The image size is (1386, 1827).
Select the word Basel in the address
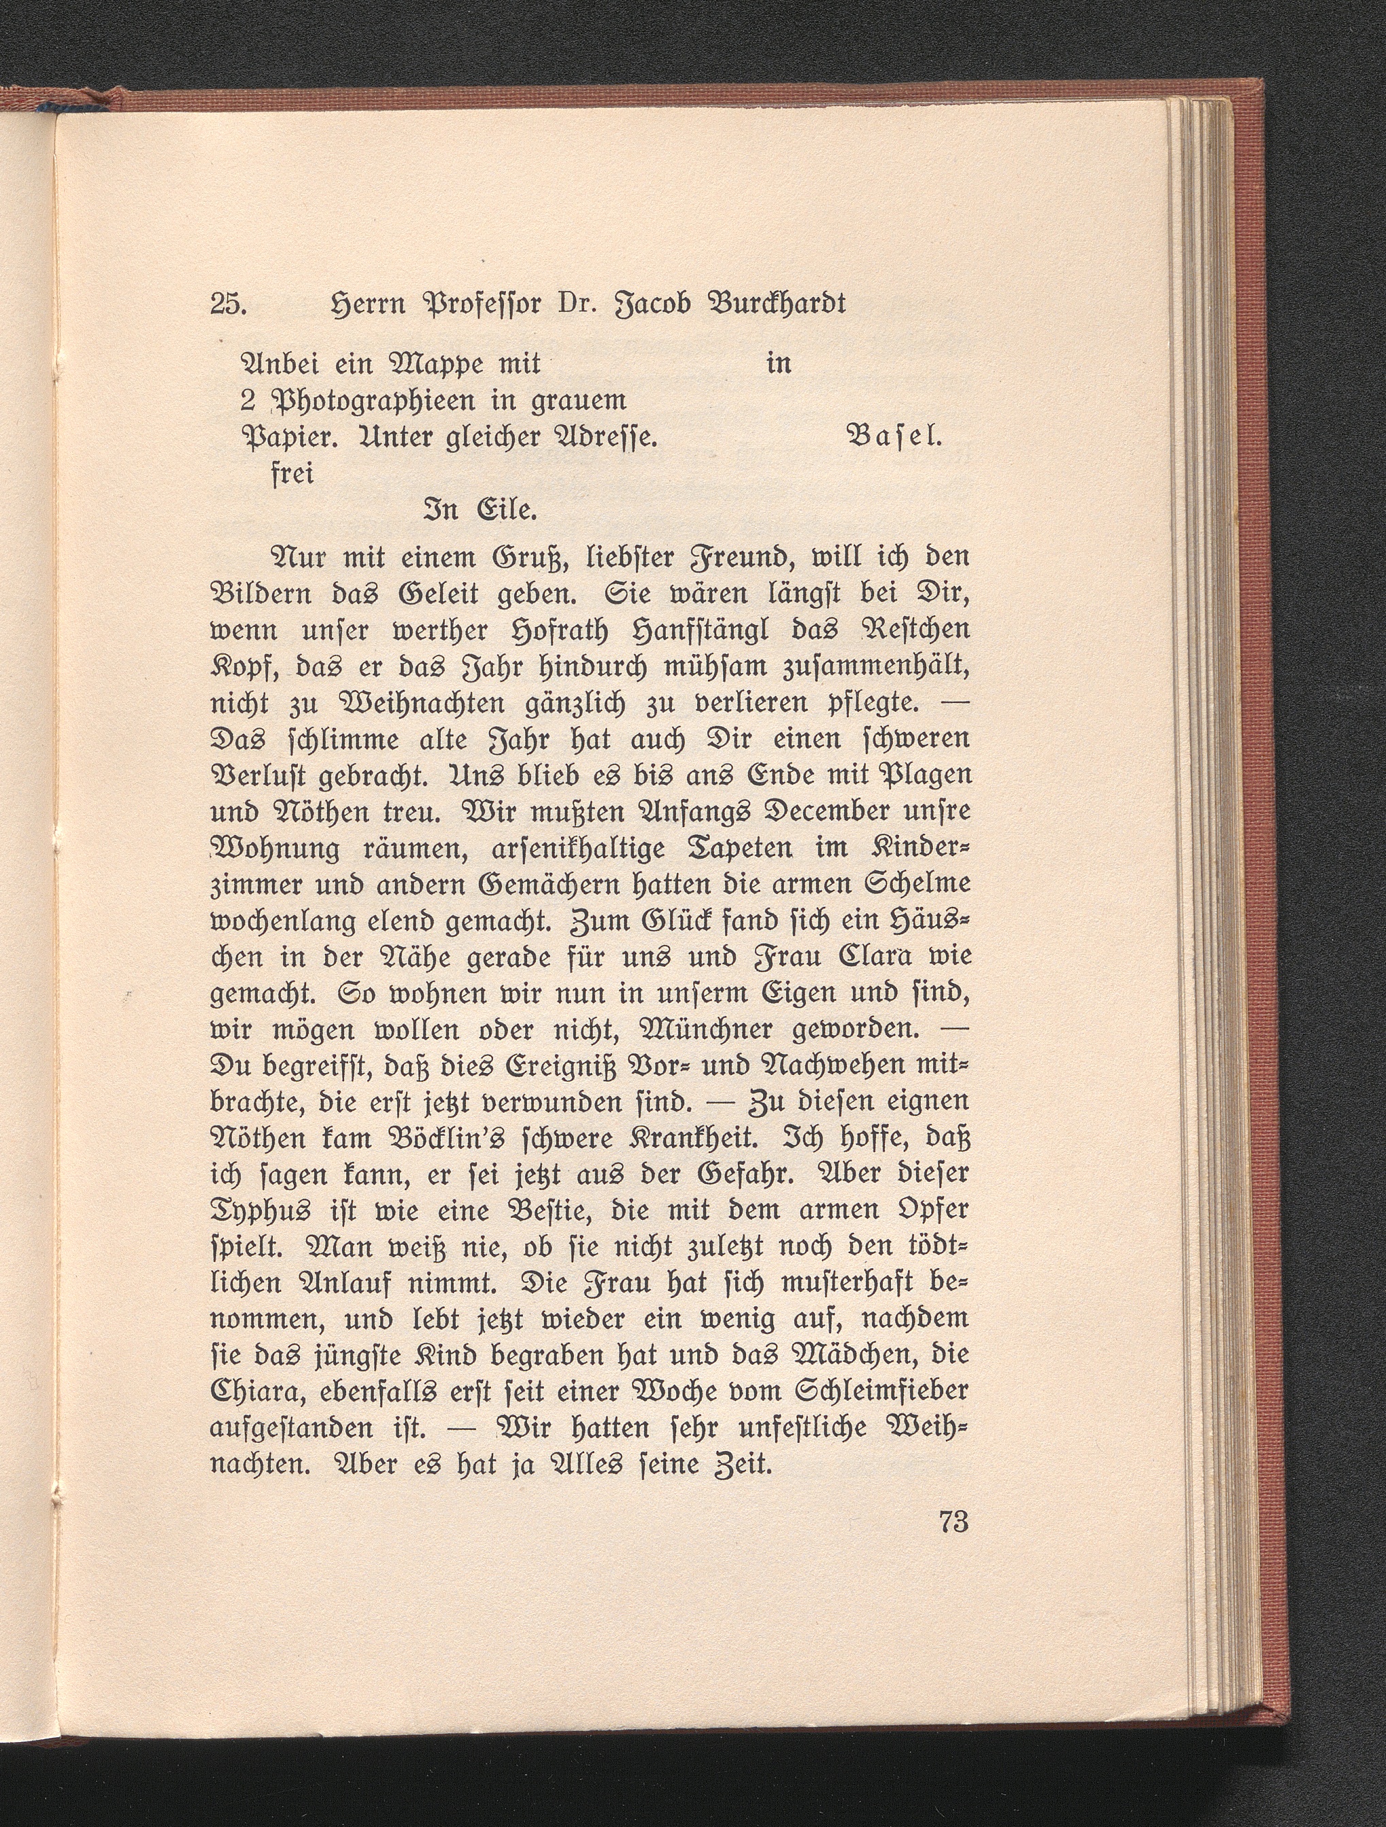point(894,438)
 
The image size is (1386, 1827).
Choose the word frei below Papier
point(292,477)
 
